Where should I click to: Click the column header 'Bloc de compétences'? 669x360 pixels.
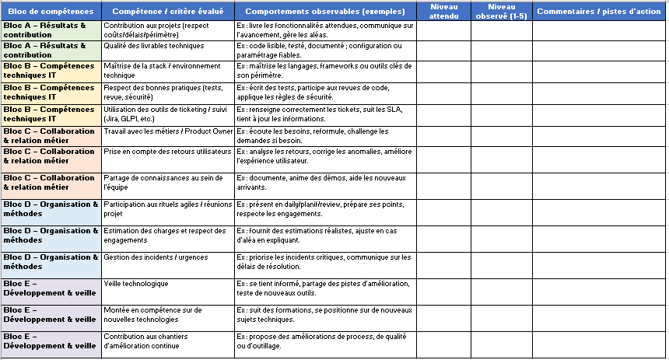51,12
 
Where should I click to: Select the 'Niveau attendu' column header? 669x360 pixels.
443,11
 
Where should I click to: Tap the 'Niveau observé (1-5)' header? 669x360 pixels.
501,11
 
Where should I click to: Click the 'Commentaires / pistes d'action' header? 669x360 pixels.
599,12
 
